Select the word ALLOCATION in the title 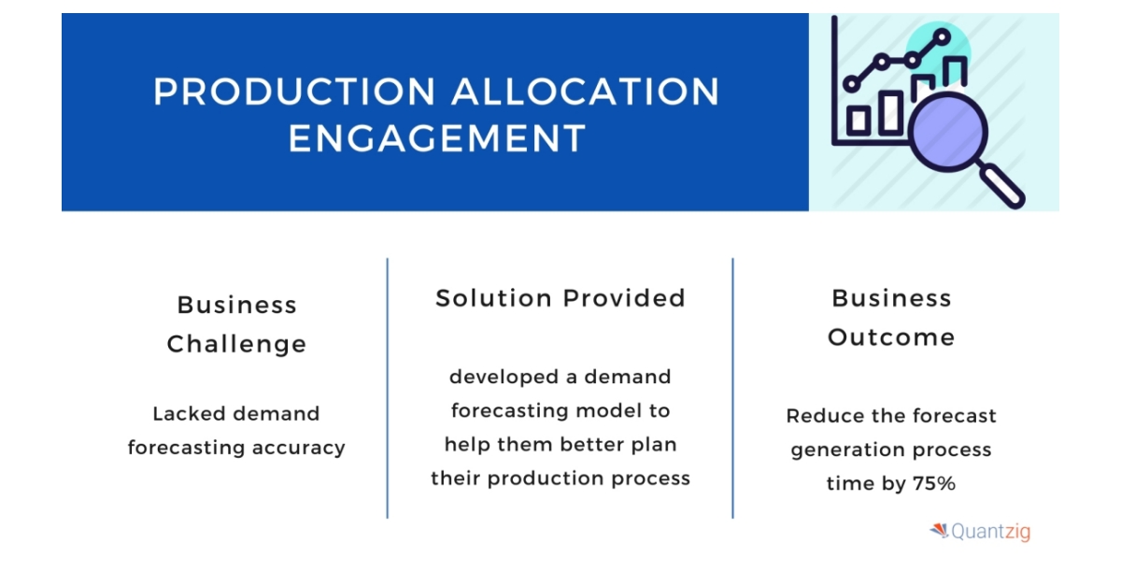[x=587, y=92]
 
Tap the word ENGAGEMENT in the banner [x=436, y=138]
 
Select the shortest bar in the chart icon [x=858, y=119]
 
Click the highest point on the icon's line [x=942, y=36]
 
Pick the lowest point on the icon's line [x=851, y=84]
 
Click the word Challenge [x=236, y=344]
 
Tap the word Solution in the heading [x=494, y=298]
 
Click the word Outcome [x=891, y=336]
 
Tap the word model [x=617, y=410]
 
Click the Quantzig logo [x=980, y=532]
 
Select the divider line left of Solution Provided [x=388, y=388]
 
